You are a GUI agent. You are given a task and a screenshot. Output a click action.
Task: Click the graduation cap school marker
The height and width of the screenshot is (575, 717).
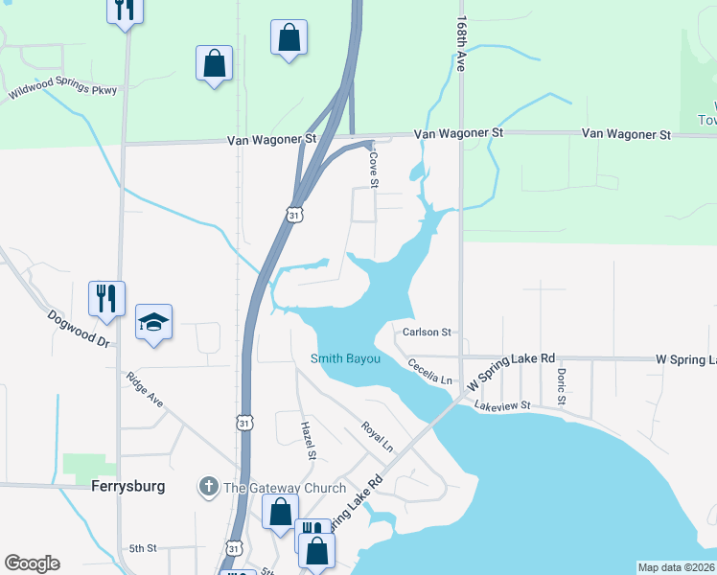(153, 323)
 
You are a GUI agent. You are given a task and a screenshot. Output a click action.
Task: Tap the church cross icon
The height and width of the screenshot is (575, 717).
(207, 487)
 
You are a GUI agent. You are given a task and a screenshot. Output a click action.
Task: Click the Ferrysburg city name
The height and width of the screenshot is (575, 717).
(129, 486)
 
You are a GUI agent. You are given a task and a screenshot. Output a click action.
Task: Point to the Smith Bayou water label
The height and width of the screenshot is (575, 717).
(345, 359)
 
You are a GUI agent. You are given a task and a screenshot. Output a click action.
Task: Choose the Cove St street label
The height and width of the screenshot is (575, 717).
(374, 169)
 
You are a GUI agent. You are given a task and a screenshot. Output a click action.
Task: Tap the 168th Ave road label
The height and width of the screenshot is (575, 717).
(461, 44)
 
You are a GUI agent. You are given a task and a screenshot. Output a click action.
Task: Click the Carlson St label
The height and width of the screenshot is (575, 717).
(427, 333)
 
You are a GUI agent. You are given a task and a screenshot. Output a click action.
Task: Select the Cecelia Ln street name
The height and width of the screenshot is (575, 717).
(428, 371)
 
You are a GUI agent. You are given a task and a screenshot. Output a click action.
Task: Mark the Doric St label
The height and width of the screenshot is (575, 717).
(561, 384)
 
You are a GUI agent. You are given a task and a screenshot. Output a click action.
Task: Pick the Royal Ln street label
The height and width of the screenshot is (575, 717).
(377, 437)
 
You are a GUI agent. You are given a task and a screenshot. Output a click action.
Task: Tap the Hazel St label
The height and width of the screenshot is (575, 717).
(308, 440)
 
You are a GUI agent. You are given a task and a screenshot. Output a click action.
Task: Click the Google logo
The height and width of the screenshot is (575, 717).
(32, 563)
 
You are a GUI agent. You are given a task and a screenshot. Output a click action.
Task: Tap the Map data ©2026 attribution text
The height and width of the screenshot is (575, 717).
(676, 567)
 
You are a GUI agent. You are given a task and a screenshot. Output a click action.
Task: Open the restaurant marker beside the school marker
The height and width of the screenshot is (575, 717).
(106, 298)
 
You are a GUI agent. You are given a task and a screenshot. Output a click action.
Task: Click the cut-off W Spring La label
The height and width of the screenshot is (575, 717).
(685, 358)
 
